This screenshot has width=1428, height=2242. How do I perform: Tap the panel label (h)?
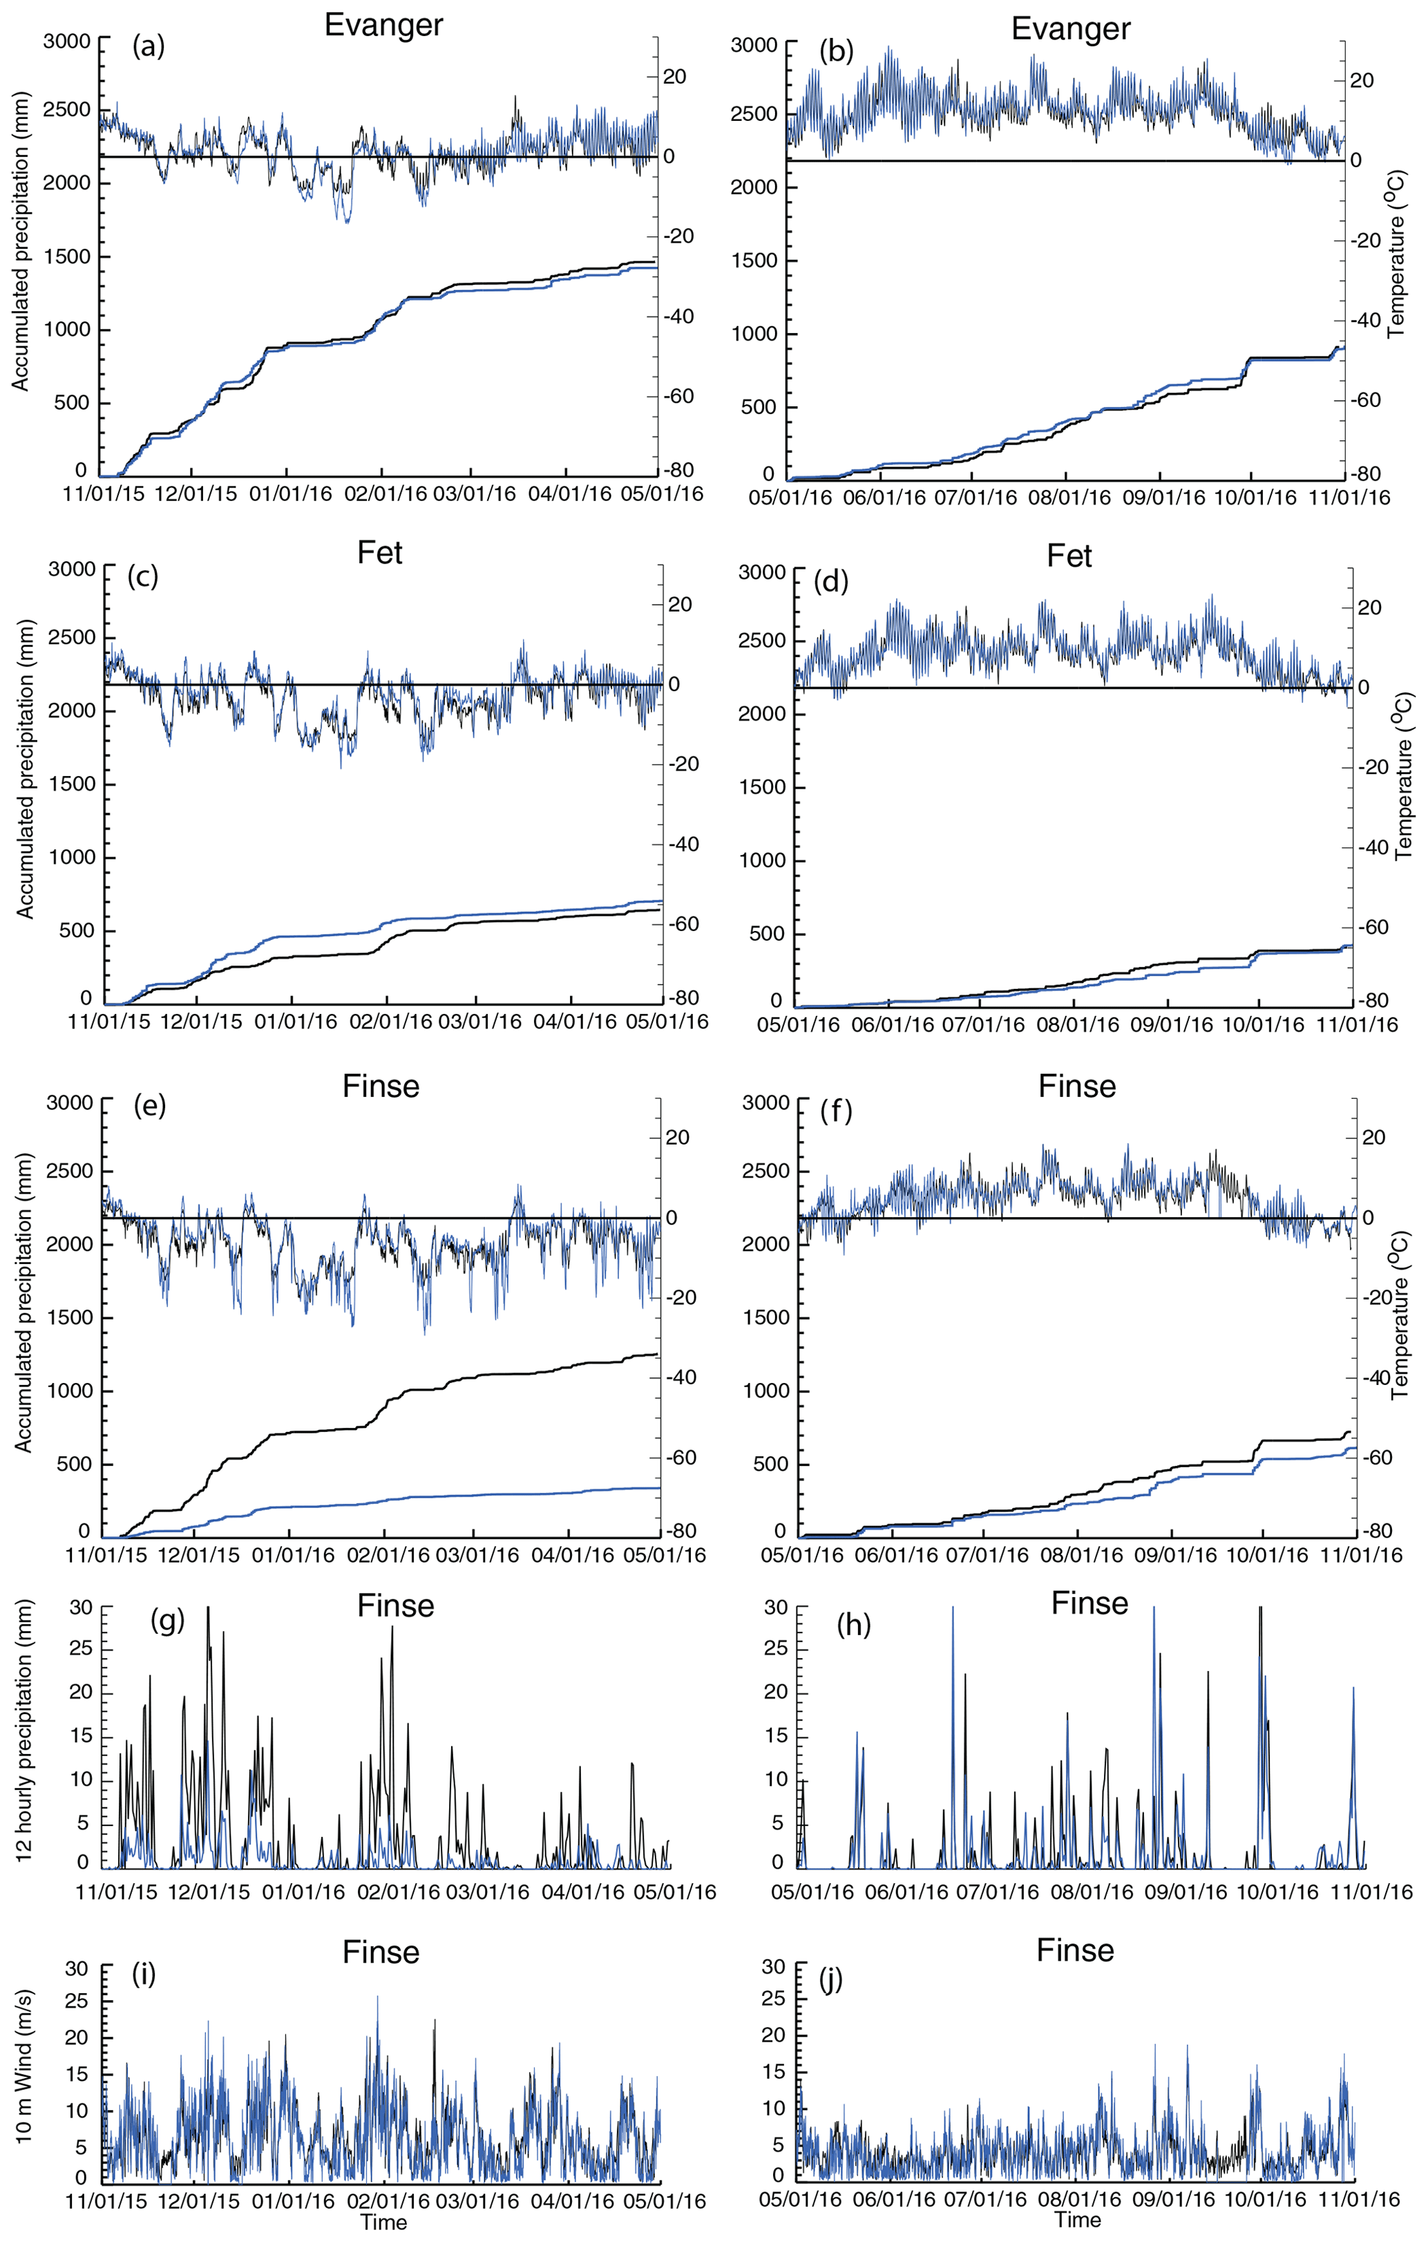tap(853, 1625)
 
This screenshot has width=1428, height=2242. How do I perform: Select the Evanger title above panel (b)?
tap(1071, 29)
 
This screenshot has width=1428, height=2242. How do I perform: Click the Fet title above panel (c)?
tap(380, 553)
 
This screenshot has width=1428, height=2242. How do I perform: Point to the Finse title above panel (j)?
tap(1075, 1950)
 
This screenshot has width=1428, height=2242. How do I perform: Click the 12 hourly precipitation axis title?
tap(23, 1731)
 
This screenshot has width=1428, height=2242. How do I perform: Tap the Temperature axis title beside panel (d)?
tap(1405, 775)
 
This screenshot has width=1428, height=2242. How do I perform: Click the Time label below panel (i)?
tap(383, 2223)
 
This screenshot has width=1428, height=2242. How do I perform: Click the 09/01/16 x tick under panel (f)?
tap(1174, 1556)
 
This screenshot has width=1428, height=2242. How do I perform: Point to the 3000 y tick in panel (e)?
tap(70, 1103)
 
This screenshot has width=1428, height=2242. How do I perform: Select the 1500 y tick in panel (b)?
tap(753, 261)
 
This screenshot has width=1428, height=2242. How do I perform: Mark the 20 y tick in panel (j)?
tap(774, 2035)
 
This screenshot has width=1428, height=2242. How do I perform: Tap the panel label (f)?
tap(837, 1110)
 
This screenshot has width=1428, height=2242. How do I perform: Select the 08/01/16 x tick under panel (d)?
tap(1077, 1025)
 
